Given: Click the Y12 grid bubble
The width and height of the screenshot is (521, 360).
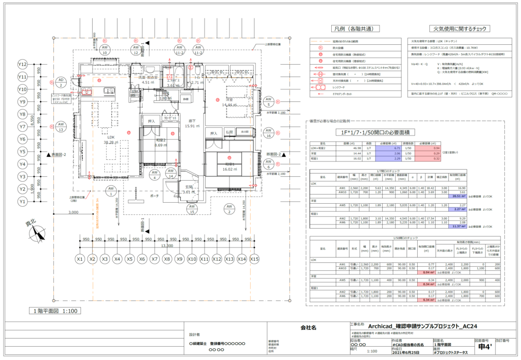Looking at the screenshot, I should [22, 65].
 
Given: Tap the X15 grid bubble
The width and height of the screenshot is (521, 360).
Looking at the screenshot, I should [254, 259].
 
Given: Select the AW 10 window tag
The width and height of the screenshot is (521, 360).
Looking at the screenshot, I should [104, 49].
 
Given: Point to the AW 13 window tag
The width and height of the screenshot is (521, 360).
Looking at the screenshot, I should [61, 127].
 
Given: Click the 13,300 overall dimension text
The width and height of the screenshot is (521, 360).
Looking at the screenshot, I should [166, 245].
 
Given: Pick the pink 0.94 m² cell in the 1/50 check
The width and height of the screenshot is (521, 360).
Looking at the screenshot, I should [428, 273].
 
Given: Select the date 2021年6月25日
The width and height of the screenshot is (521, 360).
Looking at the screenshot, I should [407, 352].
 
